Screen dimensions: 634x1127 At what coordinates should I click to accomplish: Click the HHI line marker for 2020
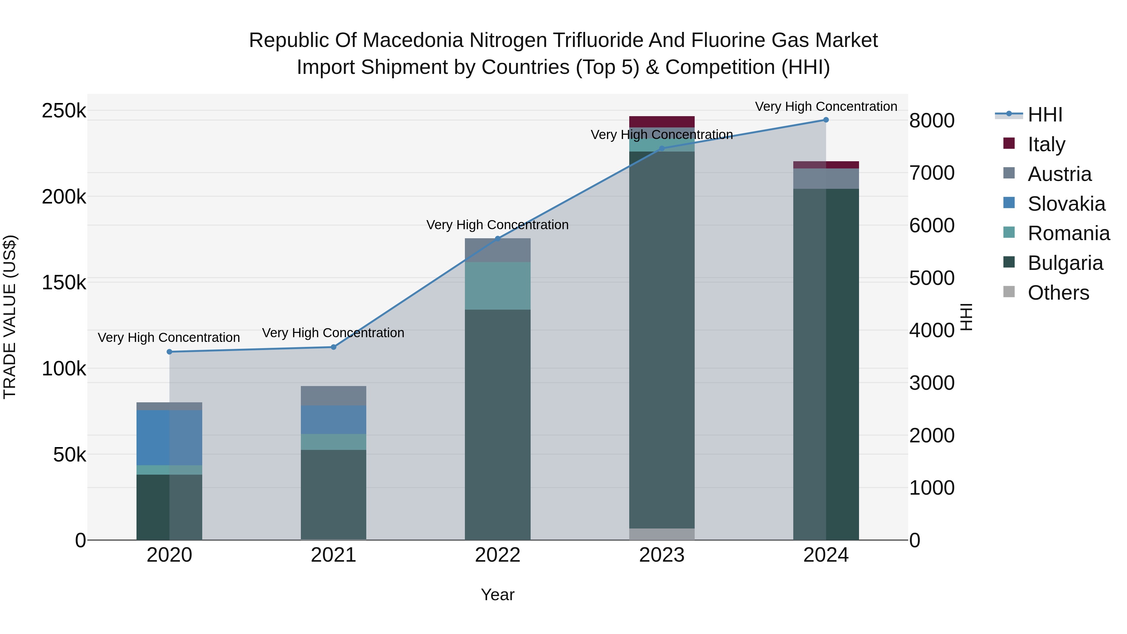(x=169, y=352)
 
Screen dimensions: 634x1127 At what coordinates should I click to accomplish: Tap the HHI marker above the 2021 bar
(x=333, y=347)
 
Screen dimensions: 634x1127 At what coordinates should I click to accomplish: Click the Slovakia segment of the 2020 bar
(x=169, y=438)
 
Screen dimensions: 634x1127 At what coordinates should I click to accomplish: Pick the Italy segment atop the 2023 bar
(x=661, y=122)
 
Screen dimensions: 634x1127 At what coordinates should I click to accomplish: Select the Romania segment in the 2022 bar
(x=497, y=286)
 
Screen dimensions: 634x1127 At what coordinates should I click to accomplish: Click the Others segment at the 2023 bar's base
(x=661, y=534)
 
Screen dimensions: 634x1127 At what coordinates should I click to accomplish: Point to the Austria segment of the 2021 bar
(x=333, y=395)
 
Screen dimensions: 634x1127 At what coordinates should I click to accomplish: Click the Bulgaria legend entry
(x=1065, y=263)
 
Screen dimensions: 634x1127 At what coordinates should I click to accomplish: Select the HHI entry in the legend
(x=1045, y=115)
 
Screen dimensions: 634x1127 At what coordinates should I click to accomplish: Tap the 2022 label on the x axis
(x=497, y=555)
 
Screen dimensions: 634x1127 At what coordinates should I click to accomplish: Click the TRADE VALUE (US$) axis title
(x=10, y=317)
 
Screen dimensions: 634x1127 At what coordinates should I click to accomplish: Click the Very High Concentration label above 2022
(x=497, y=225)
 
